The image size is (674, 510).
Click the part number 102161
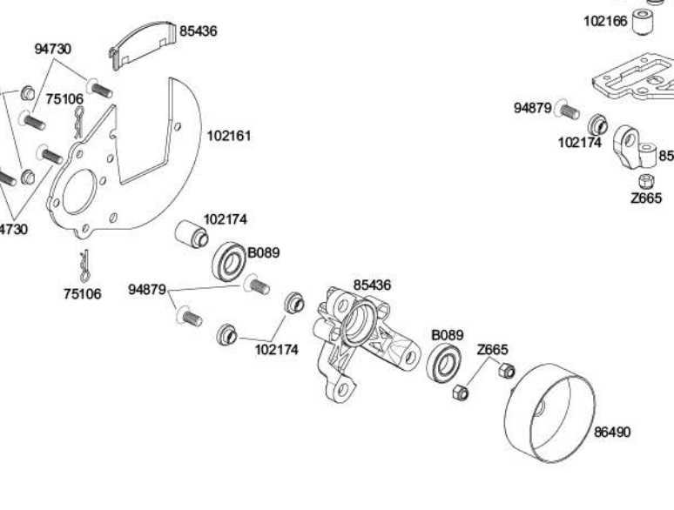229,136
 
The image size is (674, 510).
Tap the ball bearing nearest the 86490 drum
446,362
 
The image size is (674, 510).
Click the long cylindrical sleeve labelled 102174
192,236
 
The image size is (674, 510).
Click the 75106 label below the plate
82,294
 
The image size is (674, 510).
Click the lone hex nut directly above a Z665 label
645,181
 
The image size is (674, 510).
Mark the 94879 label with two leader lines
149,289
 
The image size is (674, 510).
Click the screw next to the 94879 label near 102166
568,111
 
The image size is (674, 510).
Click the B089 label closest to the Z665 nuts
447,334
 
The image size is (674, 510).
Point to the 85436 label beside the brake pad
199,31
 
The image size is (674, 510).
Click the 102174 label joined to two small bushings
276,349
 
